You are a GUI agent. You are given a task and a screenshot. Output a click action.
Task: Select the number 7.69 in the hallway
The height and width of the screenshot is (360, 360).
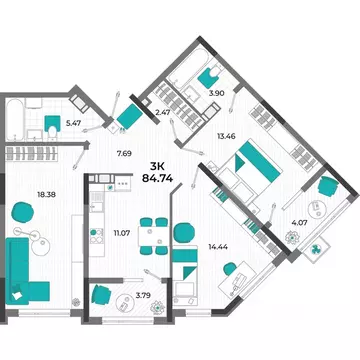(124, 153)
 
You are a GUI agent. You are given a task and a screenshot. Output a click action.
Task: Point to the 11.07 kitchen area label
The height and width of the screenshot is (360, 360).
(123, 233)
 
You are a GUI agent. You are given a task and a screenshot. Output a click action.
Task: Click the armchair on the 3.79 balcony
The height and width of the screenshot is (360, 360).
(101, 296)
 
